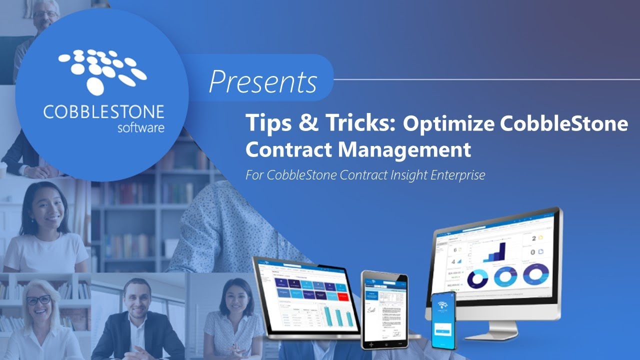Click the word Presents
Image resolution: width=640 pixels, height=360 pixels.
pyautogui.click(x=263, y=81)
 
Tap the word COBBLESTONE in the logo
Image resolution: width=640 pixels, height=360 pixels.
pyautogui.click(x=103, y=112)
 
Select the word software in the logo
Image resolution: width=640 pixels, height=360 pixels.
pyautogui.click(x=140, y=127)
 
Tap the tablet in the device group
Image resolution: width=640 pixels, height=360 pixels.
pyautogui.click(x=384, y=309)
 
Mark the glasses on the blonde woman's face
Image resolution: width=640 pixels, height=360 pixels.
pyautogui.click(x=38, y=300)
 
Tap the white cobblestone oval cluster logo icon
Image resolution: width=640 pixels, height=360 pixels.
pyautogui.click(x=103, y=70)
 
